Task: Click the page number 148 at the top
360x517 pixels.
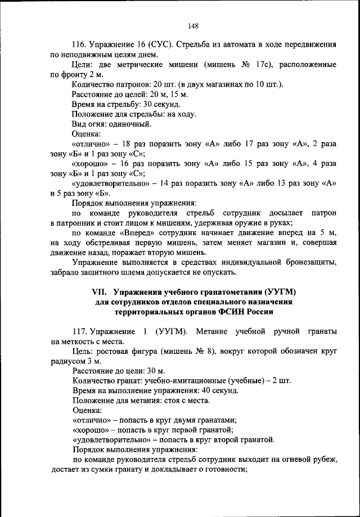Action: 193,25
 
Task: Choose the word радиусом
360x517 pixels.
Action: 66,361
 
